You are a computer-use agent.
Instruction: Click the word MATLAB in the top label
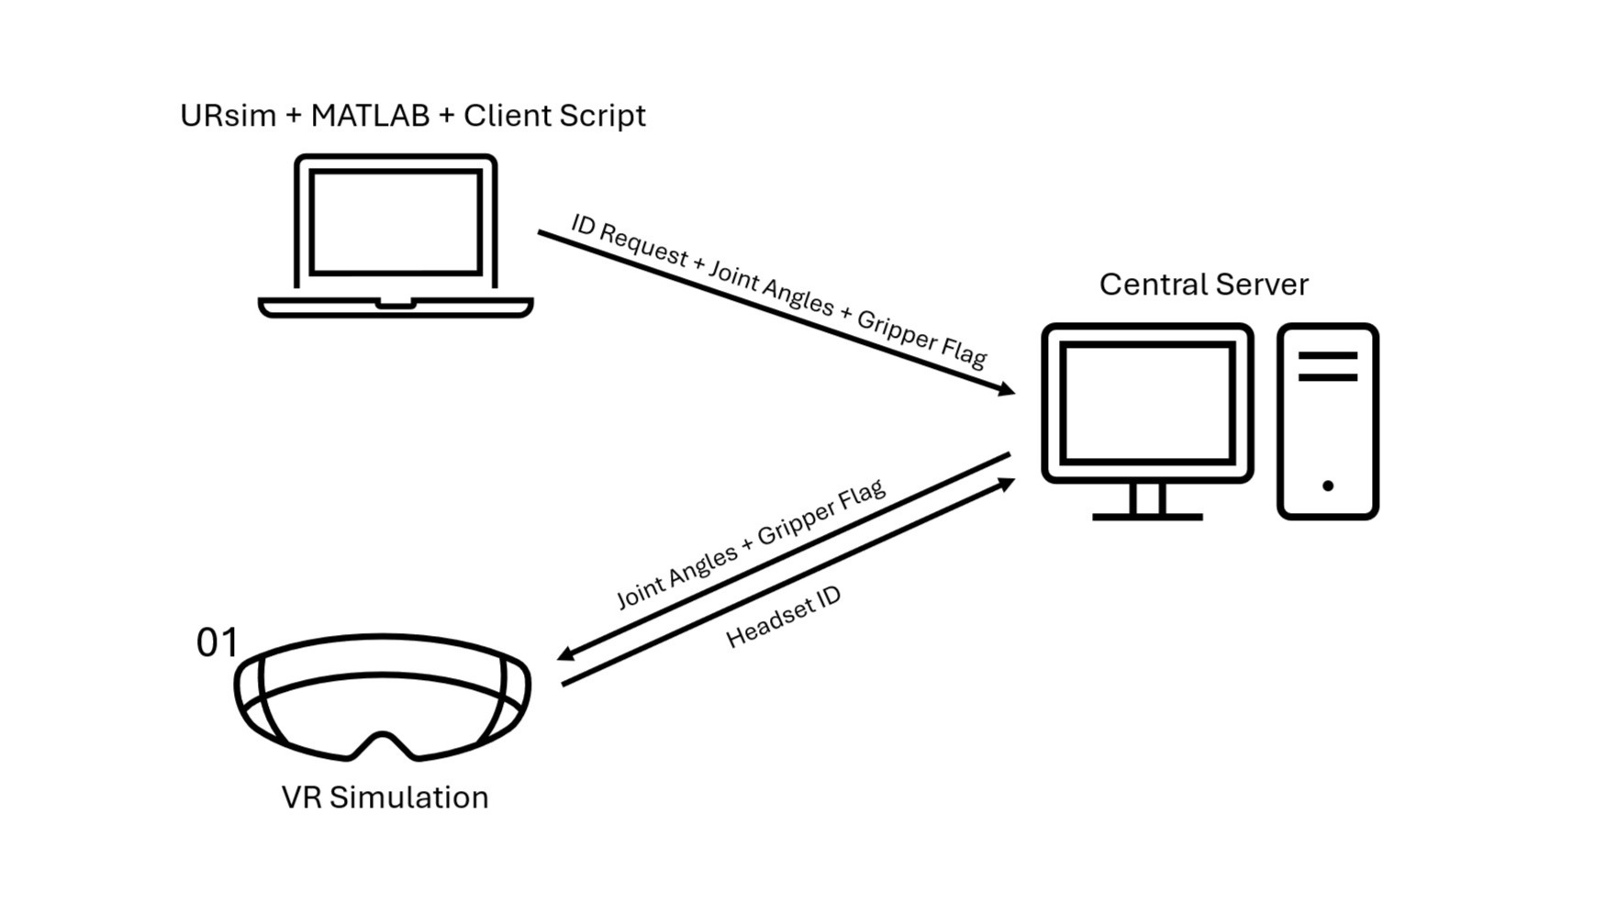click(x=370, y=116)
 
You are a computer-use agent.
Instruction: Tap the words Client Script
click(x=554, y=116)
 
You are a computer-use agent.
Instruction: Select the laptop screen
click(x=396, y=222)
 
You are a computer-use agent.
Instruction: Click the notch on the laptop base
click(x=396, y=303)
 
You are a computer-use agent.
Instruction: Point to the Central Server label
click(x=1203, y=284)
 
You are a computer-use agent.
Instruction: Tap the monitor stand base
click(x=1147, y=517)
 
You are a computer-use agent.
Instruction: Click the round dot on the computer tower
click(x=1327, y=485)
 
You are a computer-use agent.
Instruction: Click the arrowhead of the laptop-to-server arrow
click(x=1007, y=390)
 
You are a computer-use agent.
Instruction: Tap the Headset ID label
click(x=783, y=618)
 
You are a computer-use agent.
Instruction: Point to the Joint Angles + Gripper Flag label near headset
click(x=750, y=544)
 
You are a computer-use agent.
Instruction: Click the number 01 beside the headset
click(x=217, y=643)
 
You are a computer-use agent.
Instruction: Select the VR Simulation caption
click(x=385, y=797)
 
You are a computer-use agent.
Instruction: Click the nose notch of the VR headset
click(x=382, y=741)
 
